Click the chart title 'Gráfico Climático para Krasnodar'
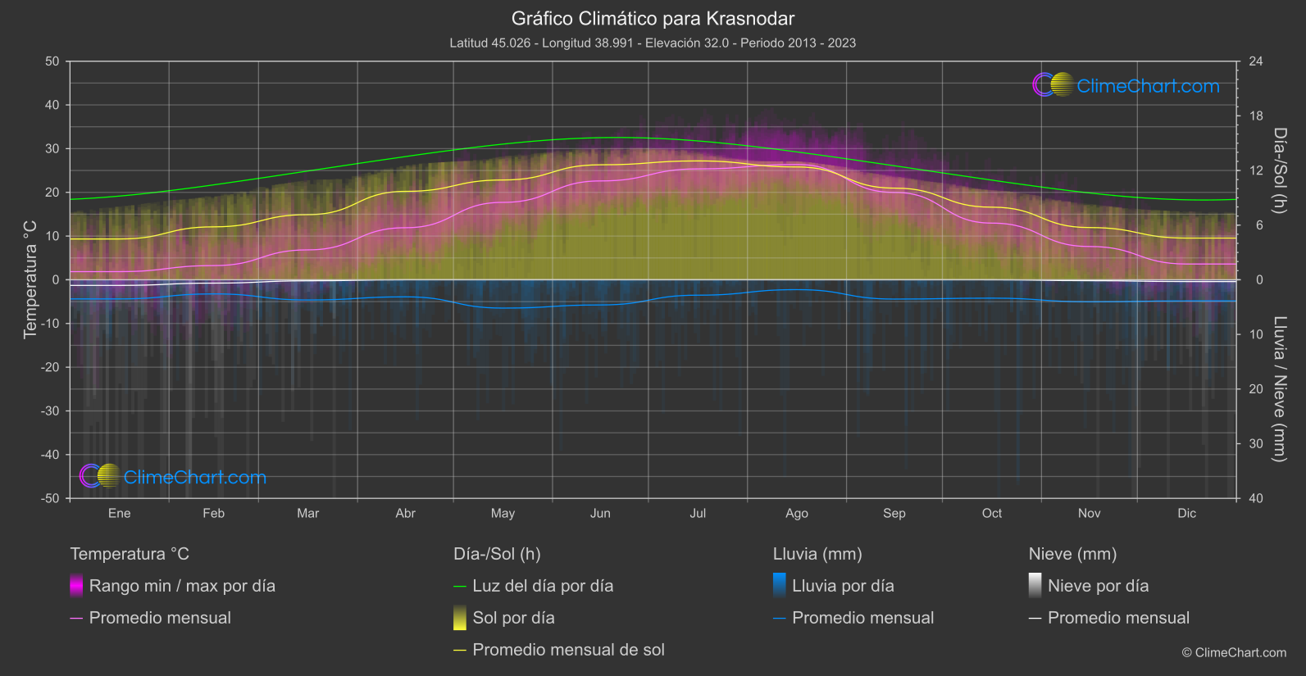[653, 18]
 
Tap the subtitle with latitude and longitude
[653, 43]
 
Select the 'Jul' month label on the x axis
[698, 513]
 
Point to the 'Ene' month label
[120, 513]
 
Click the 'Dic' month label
[1186, 513]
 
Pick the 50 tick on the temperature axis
[52, 61]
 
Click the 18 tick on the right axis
[1256, 116]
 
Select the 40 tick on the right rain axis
[1256, 498]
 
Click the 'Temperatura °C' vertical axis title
[30, 279]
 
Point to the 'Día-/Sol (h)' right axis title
[1280, 170]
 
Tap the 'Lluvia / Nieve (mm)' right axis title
[1280, 389]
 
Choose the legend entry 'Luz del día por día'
[543, 586]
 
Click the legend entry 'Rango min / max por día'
[182, 586]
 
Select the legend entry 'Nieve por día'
[1098, 586]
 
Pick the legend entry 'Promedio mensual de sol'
[568, 650]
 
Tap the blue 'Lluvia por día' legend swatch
[780, 585]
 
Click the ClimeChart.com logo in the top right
[1126, 85]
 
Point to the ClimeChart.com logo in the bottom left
[173, 477]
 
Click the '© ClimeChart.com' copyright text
[1234, 653]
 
